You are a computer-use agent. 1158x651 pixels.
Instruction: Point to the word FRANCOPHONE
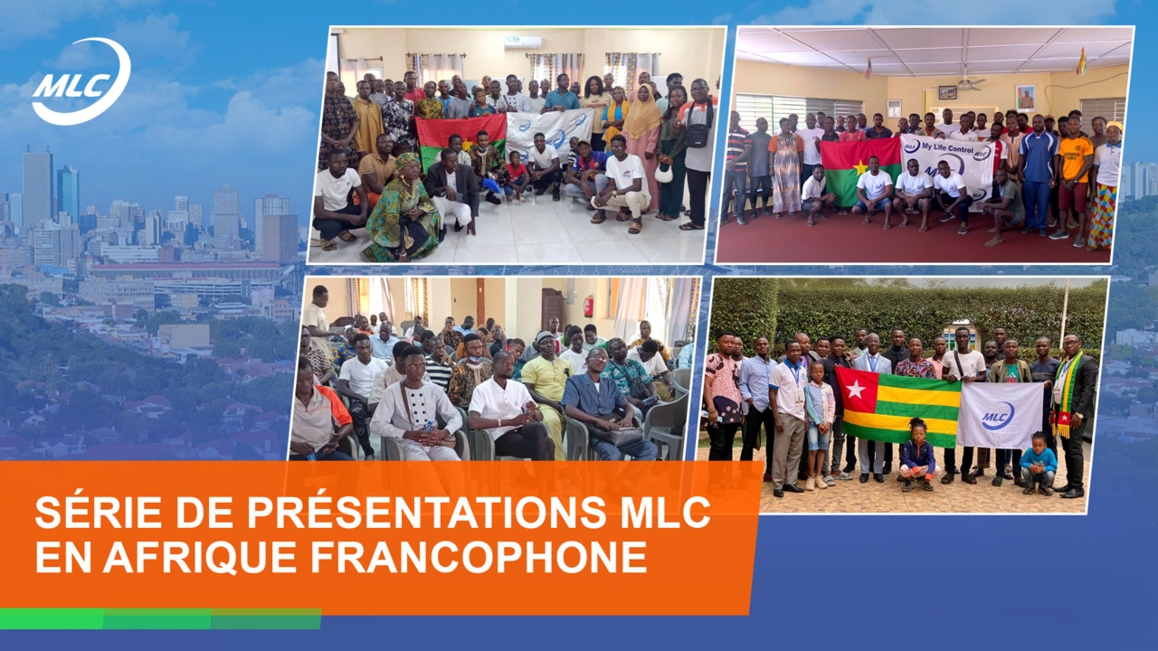[479, 557]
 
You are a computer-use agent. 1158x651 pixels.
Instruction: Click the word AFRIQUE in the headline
[200, 558]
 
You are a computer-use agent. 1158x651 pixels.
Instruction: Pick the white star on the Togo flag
[855, 390]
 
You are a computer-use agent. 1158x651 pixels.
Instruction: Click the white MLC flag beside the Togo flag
[999, 415]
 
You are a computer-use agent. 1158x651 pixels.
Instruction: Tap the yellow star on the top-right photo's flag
[859, 167]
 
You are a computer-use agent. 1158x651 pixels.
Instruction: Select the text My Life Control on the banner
[947, 147]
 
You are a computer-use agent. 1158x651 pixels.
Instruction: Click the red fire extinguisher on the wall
[588, 306]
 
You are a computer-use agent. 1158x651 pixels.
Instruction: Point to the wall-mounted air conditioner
[523, 42]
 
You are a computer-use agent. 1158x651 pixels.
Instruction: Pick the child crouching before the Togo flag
[918, 455]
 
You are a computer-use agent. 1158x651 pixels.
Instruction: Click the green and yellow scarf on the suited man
[1066, 393]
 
